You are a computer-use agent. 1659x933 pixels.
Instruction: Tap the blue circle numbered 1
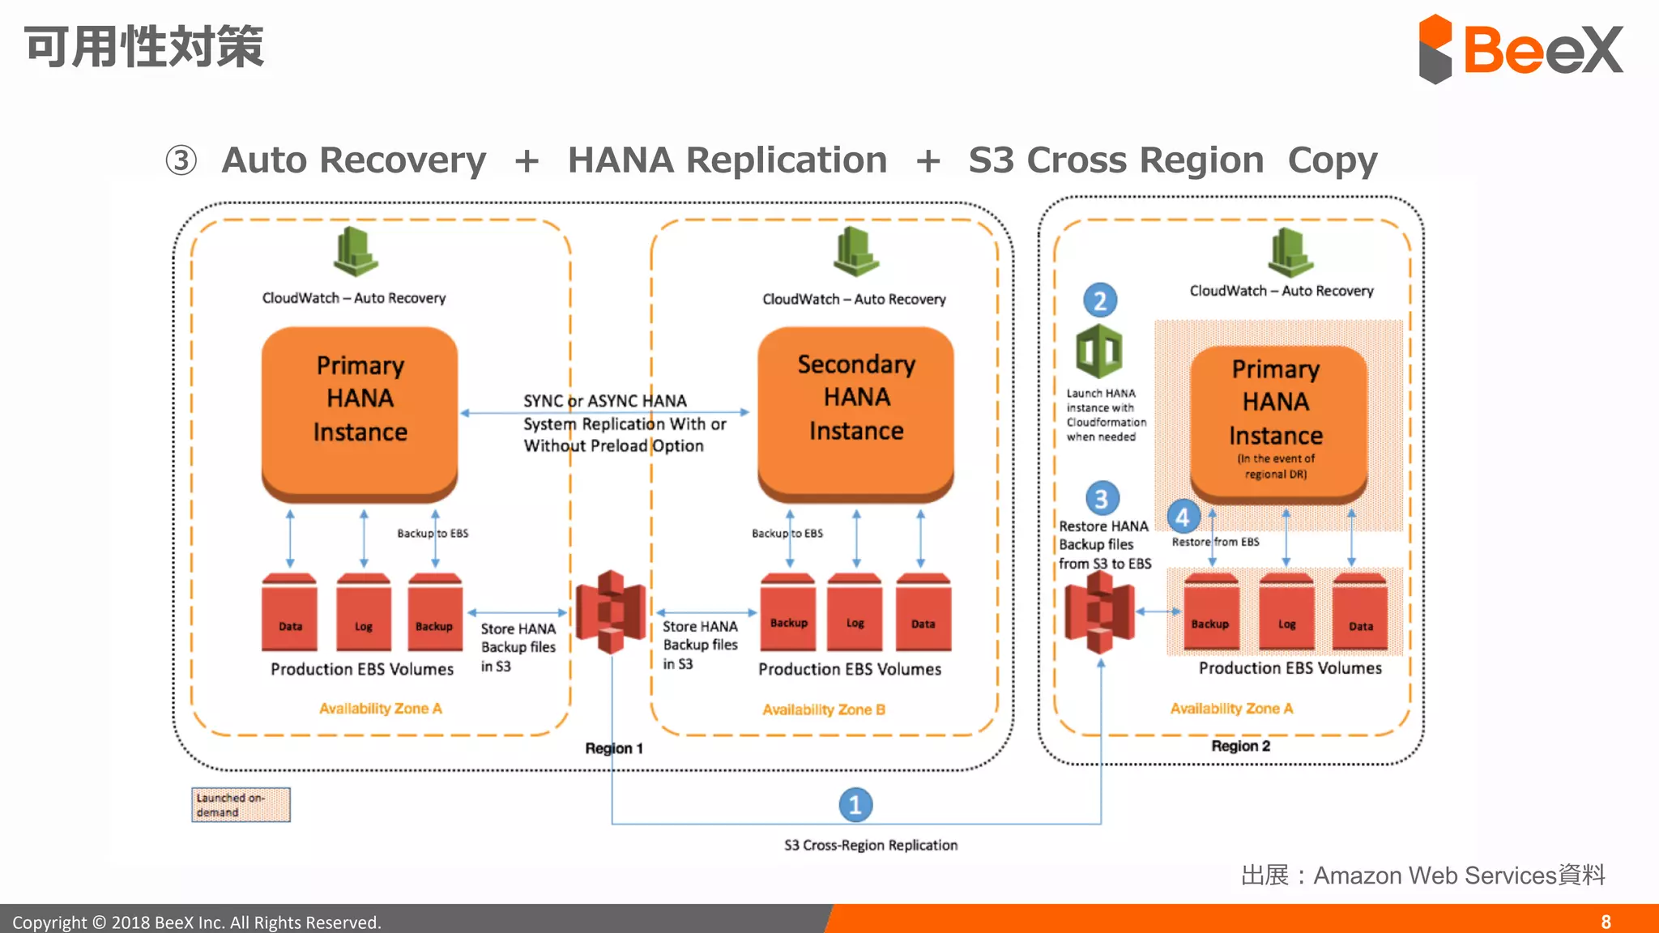coord(855,804)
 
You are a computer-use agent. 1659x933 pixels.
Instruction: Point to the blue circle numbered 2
coord(1100,300)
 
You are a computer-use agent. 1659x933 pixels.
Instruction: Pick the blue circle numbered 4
coord(1183,517)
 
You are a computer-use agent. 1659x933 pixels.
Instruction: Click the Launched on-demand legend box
coord(241,804)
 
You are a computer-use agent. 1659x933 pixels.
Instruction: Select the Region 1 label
coord(614,748)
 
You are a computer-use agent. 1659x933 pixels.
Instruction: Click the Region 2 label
coord(1240,746)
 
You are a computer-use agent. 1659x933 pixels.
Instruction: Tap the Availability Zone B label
coord(823,709)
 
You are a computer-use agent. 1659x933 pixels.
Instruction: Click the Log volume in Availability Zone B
coord(855,614)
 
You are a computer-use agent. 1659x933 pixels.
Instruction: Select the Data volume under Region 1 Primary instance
coord(289,614)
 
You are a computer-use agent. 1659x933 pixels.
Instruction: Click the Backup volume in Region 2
coord(1210,614)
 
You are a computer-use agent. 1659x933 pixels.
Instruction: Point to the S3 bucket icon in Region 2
coord(1099,612)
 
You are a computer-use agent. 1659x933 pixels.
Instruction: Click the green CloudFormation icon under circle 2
coord(1098,351)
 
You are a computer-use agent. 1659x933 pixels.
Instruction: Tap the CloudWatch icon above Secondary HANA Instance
coord(855,252)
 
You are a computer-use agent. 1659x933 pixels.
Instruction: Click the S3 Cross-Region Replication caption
coord(870,845)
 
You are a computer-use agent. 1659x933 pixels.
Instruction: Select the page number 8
coord(1606,922)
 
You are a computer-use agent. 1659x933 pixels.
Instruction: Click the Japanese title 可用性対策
coord(144,47)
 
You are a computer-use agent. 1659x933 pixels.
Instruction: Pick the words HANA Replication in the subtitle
coord(727,160)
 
